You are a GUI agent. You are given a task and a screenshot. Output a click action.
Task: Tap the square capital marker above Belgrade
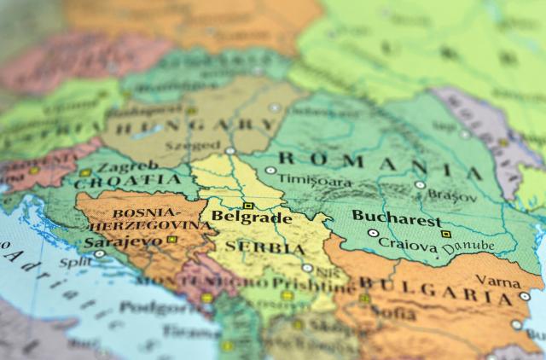pos(248,206)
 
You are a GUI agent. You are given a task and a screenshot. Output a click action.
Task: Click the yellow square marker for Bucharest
pos(444,233)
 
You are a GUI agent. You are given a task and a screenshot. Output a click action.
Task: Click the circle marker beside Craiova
pos(373,233)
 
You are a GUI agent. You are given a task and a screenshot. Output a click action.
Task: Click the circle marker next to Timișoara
pos(270,171)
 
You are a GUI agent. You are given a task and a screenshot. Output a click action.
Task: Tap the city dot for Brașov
pos(420,184)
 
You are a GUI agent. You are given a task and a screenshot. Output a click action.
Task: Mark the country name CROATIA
pos(129,180)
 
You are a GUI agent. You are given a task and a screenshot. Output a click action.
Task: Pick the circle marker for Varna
pos(524,296)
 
